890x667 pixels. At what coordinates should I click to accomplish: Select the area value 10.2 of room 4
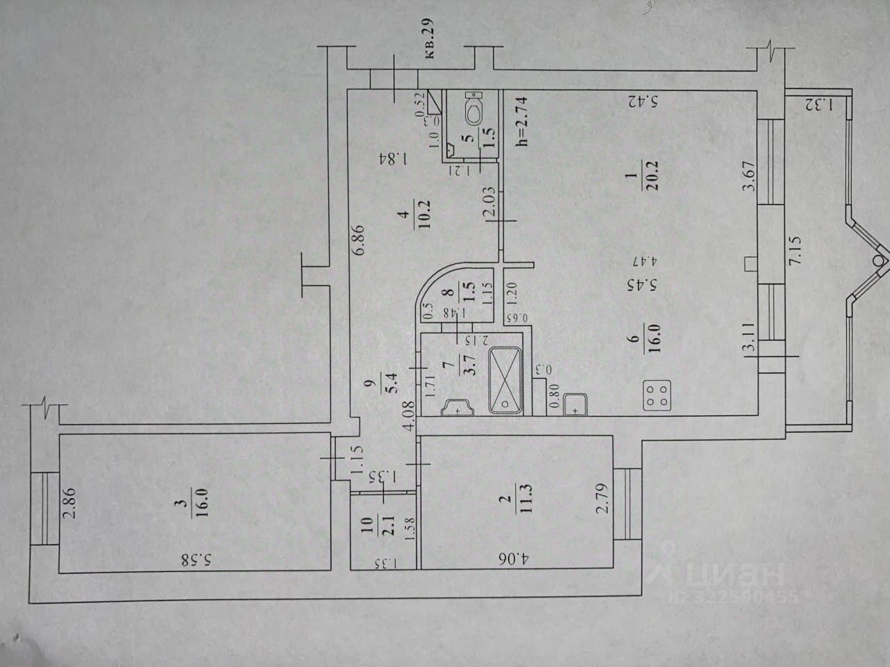[x=422, y=211]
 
